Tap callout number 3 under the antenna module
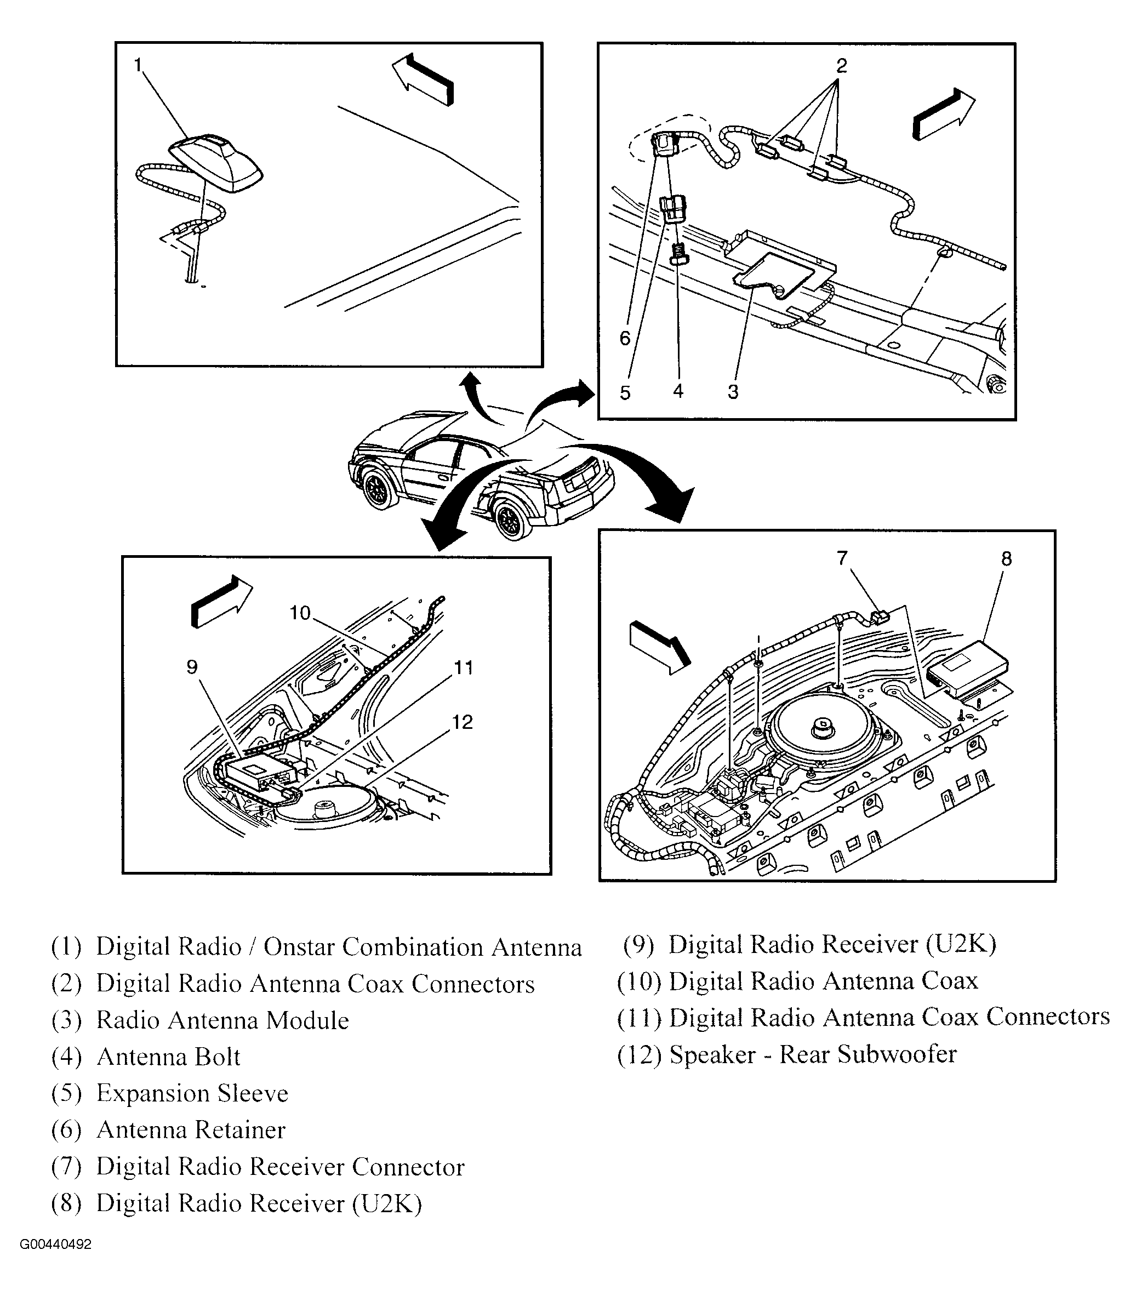point(733,391)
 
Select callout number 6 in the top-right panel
point(625,339)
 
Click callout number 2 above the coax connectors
point(841,66)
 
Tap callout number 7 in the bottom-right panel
point(842,557)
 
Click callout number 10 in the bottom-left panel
point(300,612)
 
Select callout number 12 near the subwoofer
point(462,722)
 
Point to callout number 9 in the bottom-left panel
point(192,666)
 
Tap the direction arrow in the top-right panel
point(943,113)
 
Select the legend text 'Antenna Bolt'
point(168,1057)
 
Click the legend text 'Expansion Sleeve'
point(192,1093)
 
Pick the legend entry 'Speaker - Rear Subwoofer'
point(813,1054)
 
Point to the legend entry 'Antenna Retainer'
point(191,1130)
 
